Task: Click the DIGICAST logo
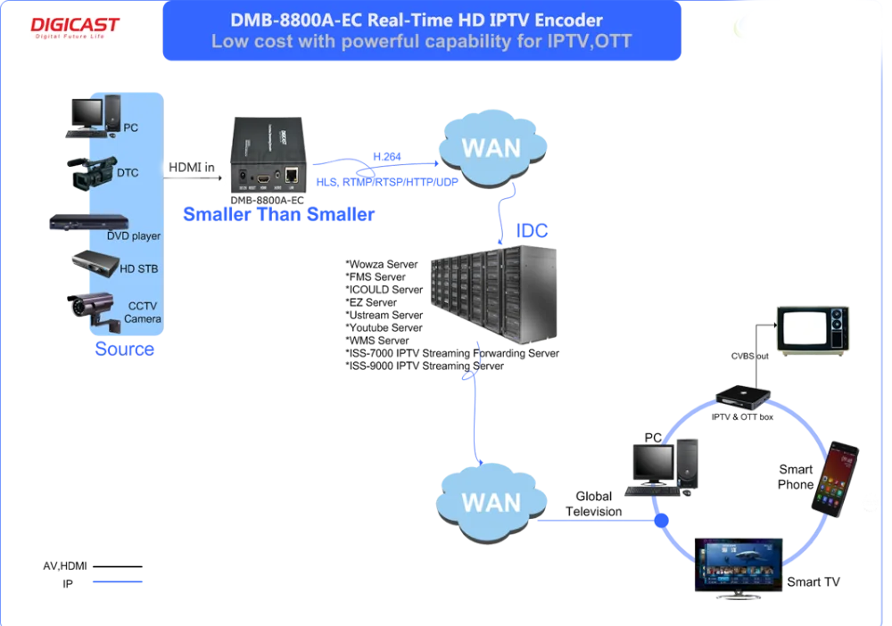75,27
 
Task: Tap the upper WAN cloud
492,148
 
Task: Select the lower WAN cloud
491,503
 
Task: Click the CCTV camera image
94,310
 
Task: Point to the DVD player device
88,222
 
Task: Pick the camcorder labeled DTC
92,173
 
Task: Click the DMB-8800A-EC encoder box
268,154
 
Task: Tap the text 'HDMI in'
192,167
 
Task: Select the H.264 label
387,156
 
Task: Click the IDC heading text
532,231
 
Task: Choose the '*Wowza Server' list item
382,264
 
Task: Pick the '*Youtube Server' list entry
384,328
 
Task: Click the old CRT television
813,331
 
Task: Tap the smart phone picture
835,479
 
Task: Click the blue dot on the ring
661,520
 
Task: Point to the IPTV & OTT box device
742,397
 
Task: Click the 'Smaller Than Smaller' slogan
278,214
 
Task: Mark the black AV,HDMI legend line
117,566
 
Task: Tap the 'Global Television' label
593,504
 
